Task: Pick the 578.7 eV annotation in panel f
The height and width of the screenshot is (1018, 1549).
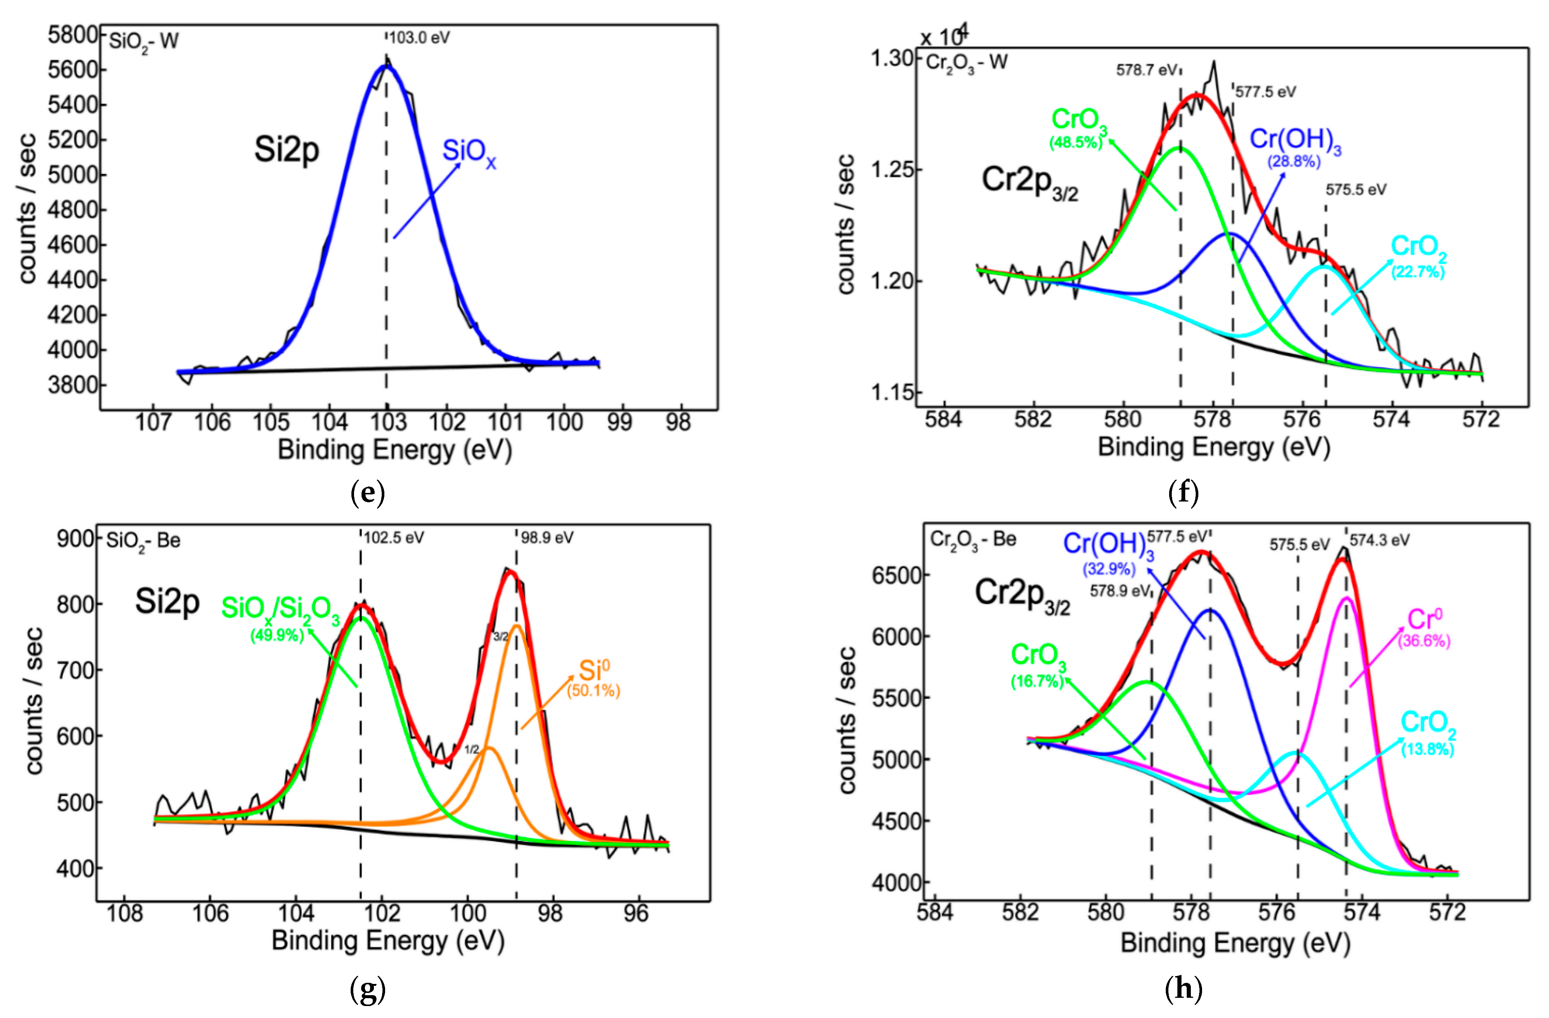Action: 1147,70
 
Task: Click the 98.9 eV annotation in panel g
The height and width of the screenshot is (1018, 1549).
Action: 547,538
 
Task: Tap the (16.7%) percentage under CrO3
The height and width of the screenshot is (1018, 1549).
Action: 1037,682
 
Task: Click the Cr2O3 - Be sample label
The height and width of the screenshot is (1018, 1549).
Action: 973,540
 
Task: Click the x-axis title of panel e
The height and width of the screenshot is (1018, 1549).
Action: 394,450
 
